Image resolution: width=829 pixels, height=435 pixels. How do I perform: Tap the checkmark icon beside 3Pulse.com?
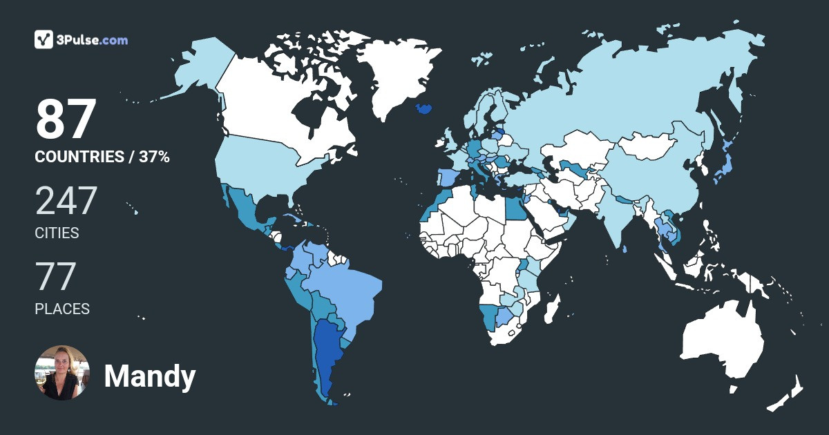click(x=44, y=39)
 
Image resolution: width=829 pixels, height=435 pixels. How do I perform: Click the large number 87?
click(x=65, y=119)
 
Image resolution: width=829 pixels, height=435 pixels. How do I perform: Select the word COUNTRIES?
click(x=79, y=157)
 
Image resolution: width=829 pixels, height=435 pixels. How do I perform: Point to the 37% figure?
click(x=153, y=157)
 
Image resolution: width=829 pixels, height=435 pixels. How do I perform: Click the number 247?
click(x=66, y=201)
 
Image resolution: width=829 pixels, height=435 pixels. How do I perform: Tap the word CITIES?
click(x=57, y=233)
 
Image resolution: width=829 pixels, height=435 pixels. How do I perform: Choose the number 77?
click(x=55, y=277)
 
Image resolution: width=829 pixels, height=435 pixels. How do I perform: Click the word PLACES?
click(x=62, y=309)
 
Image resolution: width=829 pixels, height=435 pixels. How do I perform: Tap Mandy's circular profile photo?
click(x=62, y=373)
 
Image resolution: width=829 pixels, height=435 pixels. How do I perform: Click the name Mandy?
click(x=150, y=376)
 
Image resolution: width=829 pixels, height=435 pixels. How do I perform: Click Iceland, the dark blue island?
click(x=424, y=109)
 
